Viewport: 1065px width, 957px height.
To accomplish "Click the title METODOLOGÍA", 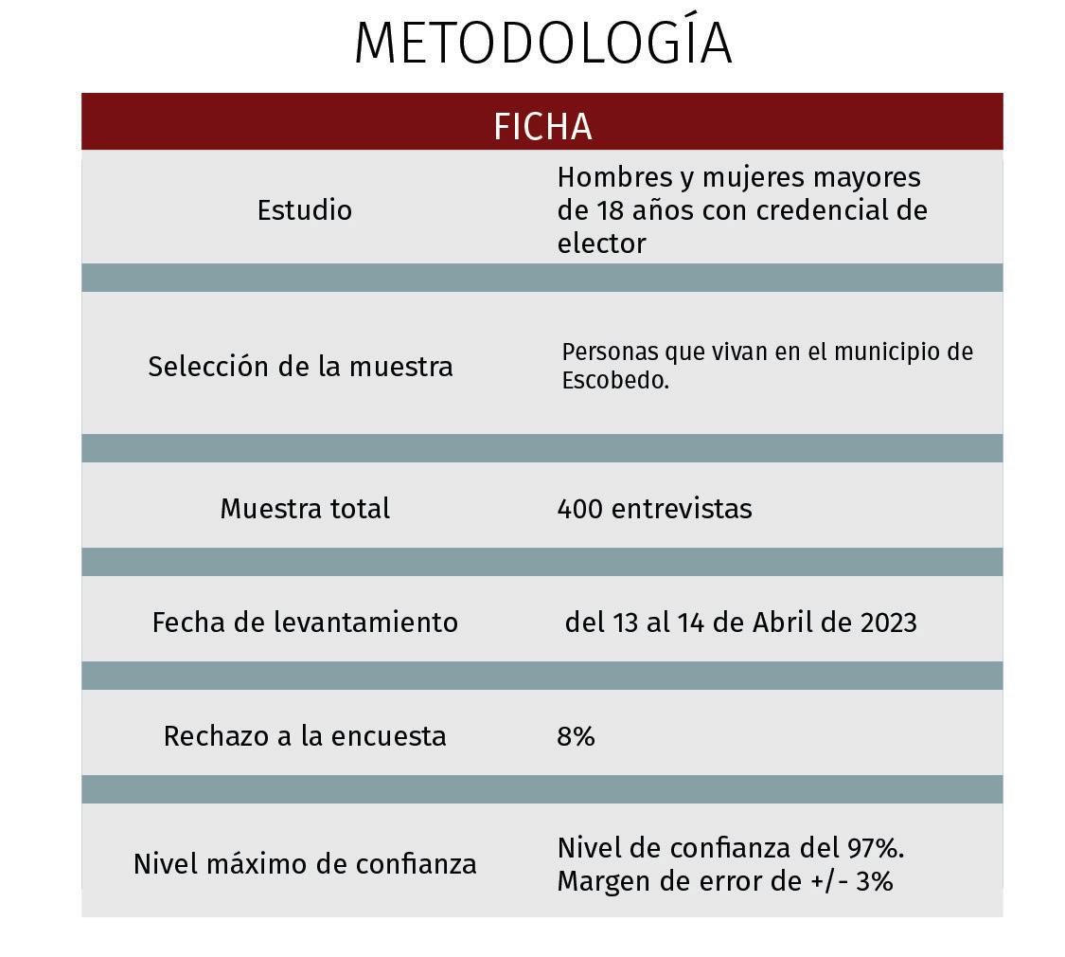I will point(542,44).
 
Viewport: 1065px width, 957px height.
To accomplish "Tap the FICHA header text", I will point(542,127).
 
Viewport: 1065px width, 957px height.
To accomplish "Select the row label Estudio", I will point(304,209).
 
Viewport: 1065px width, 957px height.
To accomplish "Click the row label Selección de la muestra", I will point(300,366).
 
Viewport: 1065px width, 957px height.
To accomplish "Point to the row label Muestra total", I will point(304,509).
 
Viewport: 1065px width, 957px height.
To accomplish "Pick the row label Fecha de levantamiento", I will point(304,623).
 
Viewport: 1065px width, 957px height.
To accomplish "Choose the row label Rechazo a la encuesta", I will point(304,736).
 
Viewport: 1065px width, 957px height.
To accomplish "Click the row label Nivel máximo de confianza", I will point(304,864).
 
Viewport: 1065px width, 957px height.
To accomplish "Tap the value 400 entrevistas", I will point(654,509).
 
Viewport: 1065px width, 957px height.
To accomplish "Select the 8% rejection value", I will point(576,736).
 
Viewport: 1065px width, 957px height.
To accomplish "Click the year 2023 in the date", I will point(889,623).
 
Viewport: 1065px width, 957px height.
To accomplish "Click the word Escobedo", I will point(615,381).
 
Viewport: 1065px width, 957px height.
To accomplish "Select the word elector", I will point(601,244).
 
